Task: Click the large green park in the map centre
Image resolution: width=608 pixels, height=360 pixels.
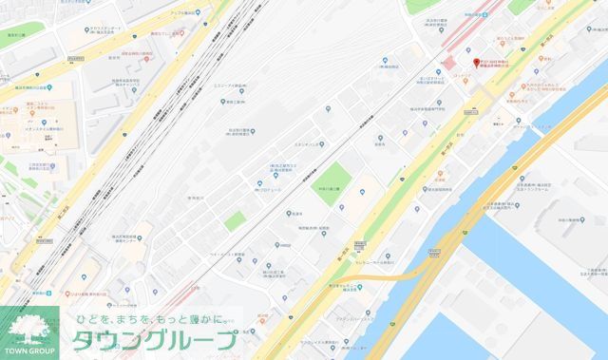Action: tap(335, 178)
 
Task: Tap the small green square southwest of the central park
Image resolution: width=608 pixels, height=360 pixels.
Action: tap(236, 220)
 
